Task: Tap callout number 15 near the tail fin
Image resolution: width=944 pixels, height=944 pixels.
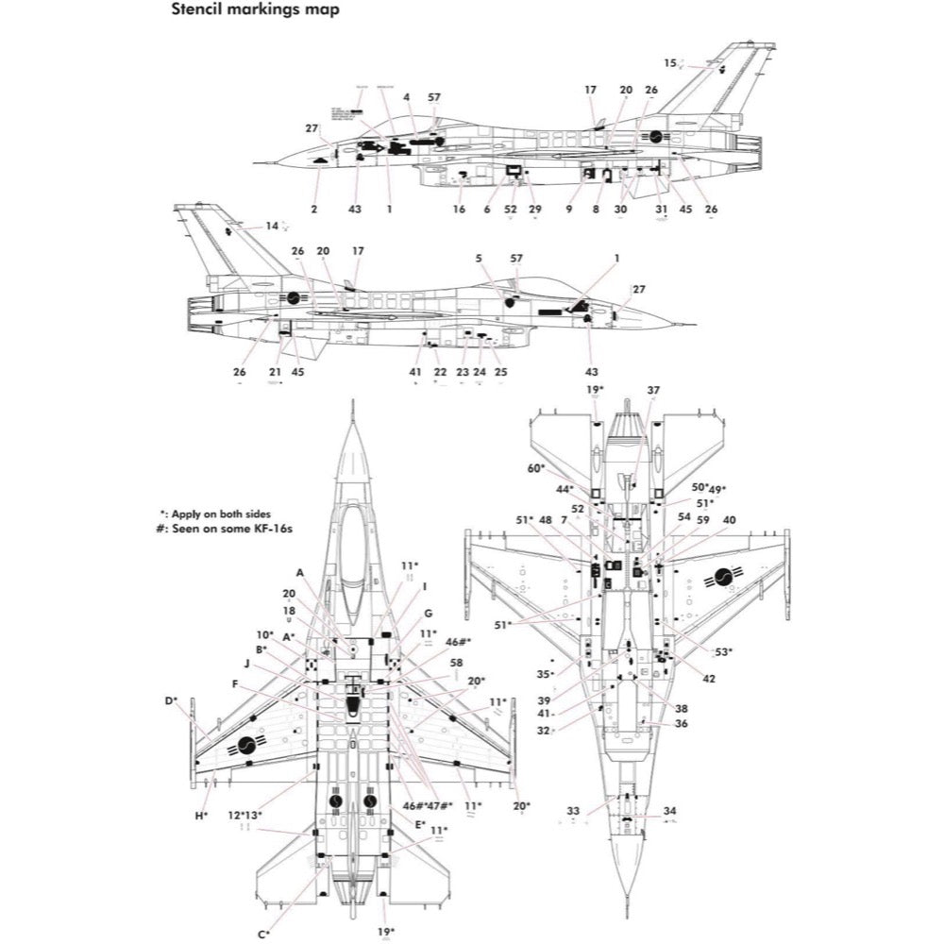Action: (x=670, y=63)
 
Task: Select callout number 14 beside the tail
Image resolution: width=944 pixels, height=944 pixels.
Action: (x=272, y=226)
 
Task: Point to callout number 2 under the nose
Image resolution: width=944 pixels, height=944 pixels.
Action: (x=314, y=209)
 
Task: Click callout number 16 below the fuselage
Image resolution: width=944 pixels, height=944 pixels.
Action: (x=459, y=209)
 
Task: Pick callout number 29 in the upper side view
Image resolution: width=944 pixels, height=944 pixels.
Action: (x=535, y=209)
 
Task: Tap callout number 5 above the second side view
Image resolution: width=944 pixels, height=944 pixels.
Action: (x=479, y=257)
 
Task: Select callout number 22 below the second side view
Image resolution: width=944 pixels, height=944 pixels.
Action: (x=440, y=372)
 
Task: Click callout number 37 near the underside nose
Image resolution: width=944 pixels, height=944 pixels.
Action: (x=653, y=390)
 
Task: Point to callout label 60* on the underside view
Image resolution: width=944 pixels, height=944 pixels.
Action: (x=536, y=468)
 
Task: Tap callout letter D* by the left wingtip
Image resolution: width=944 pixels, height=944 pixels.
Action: (x=171, y=700)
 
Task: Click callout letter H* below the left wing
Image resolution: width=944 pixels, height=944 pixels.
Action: (x=201, y=815)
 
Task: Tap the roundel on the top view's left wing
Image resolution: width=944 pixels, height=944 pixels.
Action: (x=247, y=746)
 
